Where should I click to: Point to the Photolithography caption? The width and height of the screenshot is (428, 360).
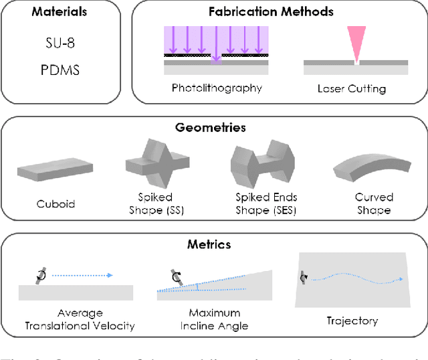coord(217,88)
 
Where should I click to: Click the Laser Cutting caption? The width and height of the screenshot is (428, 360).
coord(355,88)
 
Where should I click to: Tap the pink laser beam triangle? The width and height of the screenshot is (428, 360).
coord(357,43)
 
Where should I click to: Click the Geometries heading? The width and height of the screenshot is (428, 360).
coord(215,127)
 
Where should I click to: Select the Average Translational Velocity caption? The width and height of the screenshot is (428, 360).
coord(80,319)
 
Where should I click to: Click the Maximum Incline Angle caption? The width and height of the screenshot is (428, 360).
coord(214,319)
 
